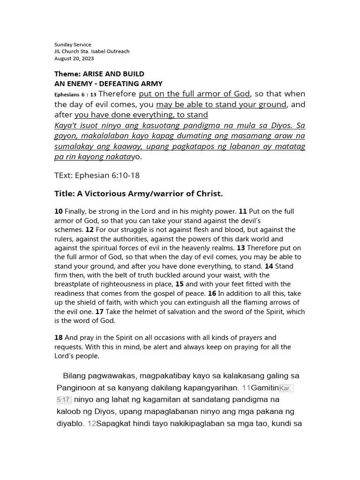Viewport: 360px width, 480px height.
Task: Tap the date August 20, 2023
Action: (74, 59)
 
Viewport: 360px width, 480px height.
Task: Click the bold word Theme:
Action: (67, 74)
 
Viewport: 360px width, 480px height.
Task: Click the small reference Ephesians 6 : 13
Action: (75, 95)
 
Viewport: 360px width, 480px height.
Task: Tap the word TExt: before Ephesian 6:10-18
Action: (66, 175)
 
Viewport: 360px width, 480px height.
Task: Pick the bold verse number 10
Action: (59, 212)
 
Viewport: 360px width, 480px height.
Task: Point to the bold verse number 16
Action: (212, 293)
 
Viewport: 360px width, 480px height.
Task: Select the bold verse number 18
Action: (59, 338)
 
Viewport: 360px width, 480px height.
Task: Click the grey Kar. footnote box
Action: (286, 388)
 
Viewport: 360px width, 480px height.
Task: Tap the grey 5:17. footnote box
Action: (64, 400)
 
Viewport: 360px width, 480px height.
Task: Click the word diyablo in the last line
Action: (70, 424)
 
